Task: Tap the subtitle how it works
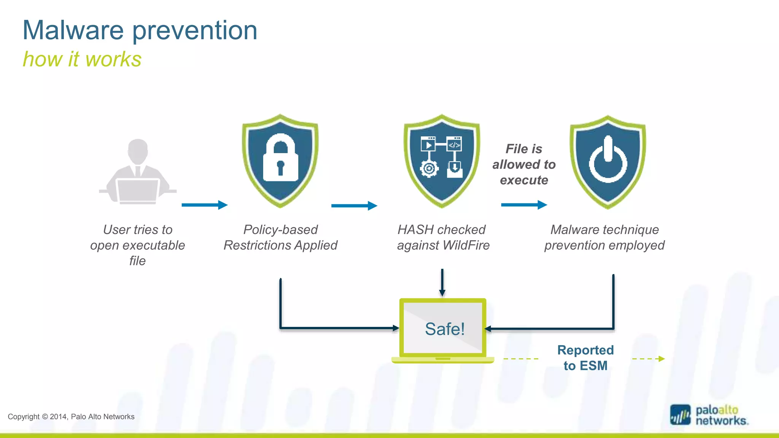tap(82, 59)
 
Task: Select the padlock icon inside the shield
tap(281, 158)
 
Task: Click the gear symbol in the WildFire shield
tap(429, 169)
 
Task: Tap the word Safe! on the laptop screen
tap(444, 329)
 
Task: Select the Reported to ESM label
tap(585, 358)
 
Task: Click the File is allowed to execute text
tap(524, 164)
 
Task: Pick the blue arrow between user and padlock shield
tap(204, 205)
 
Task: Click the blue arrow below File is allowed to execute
tap(524, 205)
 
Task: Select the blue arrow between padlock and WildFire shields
tap(354, 206)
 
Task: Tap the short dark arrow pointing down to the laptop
tap(442, 283)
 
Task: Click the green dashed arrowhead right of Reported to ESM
tap(661, 359)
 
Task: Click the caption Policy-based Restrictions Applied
tap(280, 238)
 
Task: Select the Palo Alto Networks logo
tap(709, 415)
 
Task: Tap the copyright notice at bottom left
tap(71, 417)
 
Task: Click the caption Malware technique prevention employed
tap(604, 238)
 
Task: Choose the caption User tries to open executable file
tap(138, 245)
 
